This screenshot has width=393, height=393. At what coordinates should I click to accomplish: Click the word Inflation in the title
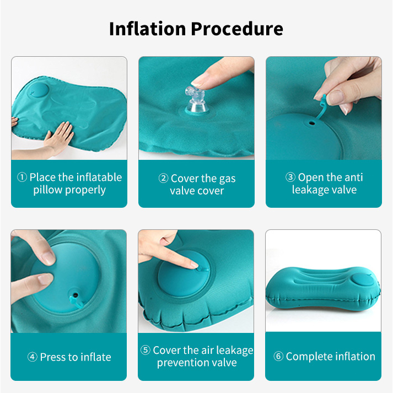tap(147, 29)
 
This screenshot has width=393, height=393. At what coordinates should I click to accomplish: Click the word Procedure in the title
tap(237, 29)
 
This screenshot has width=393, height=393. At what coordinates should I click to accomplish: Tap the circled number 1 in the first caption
tap(22, 177)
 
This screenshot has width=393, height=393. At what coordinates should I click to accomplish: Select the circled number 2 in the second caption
tap(163, 179)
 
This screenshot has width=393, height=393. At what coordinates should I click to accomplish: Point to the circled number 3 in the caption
tap(290, 177)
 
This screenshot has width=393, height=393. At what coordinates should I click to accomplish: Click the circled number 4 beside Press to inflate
tap(33, 357)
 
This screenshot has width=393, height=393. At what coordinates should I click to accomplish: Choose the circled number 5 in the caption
tap(146, 350)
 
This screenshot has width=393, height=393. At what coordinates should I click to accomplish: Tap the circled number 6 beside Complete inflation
tap(278, 356)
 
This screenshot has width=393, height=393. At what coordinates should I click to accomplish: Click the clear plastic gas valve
tap(196, 100)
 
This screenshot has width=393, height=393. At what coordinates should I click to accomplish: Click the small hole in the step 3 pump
tap(312, 123)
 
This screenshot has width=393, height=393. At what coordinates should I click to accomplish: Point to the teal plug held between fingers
tap(324, 100)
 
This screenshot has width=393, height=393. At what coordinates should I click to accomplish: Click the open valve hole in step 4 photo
tap(76, 295)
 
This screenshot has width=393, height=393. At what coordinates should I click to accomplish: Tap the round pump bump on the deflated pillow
tap(38, 91)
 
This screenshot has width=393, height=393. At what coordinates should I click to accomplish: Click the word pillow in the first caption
tap(48, 190)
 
